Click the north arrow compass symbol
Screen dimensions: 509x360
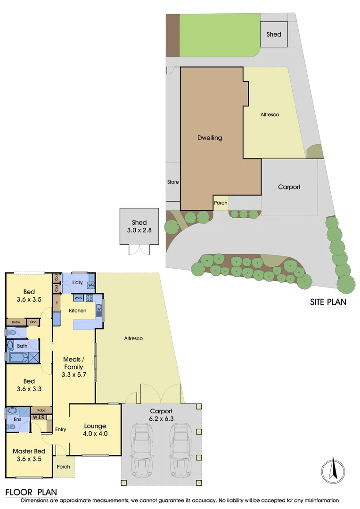333,470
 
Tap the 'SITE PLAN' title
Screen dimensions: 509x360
327,302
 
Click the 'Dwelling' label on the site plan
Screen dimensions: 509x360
209,138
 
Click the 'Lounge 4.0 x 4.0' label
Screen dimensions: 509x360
95,430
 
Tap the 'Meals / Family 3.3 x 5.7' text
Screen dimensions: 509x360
74,367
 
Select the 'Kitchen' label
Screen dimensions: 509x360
78,311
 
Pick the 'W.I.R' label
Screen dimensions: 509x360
39,418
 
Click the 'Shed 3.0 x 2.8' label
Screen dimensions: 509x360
139,226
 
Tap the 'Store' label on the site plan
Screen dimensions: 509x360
173,182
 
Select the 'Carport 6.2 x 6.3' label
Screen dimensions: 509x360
162,415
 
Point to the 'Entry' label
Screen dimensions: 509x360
60,429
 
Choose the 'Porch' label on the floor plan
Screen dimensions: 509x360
63,467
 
